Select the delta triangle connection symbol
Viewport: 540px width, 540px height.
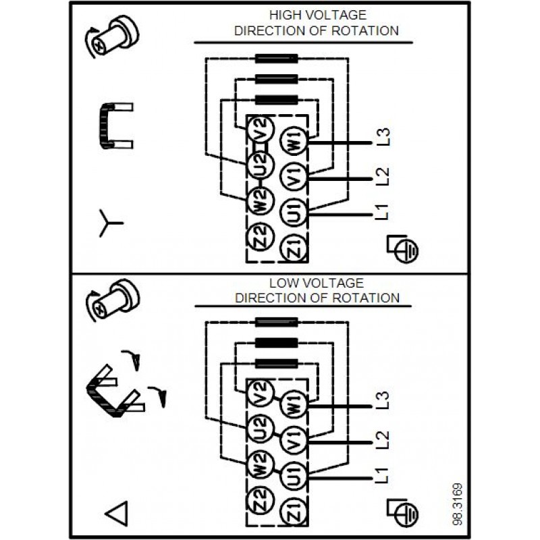tap(116, 514)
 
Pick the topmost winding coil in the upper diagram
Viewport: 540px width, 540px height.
tap(276, 60)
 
